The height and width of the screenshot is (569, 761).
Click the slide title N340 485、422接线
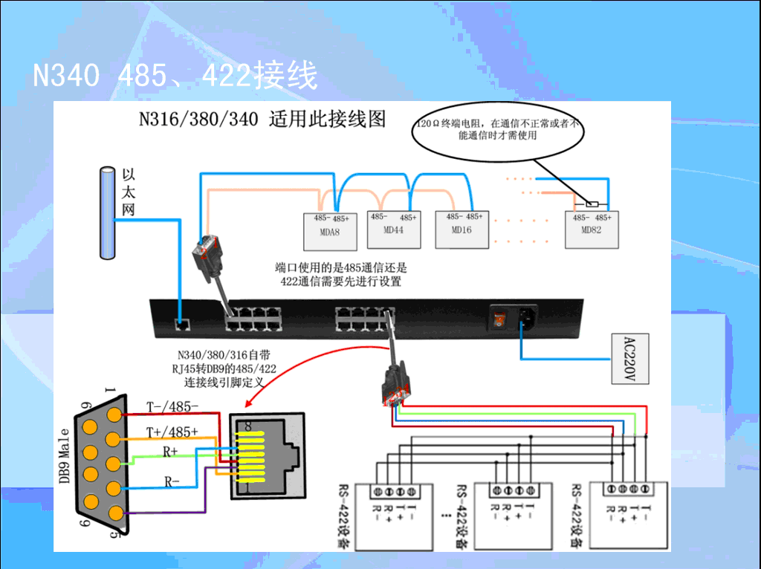[x=175, y=75]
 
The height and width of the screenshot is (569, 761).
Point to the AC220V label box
[x=629, y=358]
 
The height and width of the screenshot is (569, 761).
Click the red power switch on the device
[x=498, y=320]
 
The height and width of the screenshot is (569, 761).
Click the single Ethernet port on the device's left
[x=181, y=324]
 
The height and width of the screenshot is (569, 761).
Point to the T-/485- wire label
[x=172, y=407]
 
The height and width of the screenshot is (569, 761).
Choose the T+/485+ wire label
[x=172, y=432]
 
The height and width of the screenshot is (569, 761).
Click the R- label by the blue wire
[x=172, y=481]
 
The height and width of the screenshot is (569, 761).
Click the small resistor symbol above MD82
[x=592, y=204]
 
